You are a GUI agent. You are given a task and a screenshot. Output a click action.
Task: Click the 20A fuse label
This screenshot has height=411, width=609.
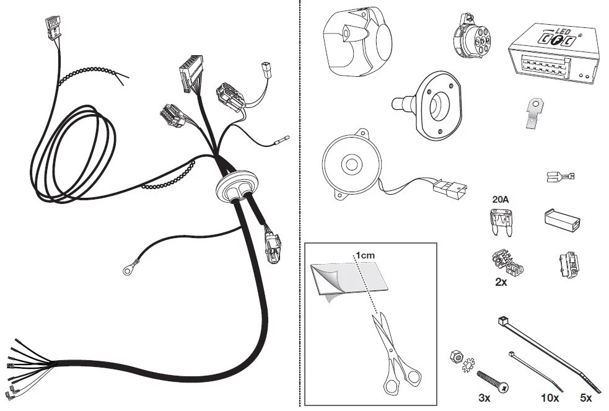pos(500,200)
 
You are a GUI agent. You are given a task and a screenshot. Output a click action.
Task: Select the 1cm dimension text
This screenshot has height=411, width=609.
pos(366,255)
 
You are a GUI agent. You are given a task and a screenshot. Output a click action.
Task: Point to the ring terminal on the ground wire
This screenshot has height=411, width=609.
pos(129,268)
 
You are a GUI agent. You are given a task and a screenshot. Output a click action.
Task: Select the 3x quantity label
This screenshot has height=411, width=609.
pos(484,398)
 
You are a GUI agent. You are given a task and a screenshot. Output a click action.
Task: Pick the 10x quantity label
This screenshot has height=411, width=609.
pos(550,398)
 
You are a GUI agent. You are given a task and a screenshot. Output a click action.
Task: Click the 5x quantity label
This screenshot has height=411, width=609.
pos(585,398)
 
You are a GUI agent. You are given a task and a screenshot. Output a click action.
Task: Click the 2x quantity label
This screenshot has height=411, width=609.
pos(501,282)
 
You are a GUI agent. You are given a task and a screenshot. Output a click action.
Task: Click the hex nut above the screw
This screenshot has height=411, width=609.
pos(457,356)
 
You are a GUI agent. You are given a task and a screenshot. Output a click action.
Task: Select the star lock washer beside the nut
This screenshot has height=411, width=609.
pos(468,366)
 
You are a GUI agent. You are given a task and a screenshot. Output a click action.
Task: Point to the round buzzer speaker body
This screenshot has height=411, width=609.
pos(351,165)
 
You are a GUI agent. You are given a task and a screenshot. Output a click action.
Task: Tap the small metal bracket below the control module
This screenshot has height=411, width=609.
pos(535,113)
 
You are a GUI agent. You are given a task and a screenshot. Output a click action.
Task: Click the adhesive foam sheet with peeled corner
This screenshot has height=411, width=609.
pos(348,279)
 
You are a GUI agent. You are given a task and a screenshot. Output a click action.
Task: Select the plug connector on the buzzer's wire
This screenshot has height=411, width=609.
pos(450,188)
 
